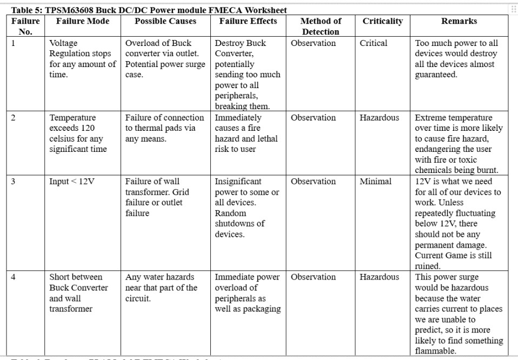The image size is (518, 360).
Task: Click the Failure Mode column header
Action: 83,21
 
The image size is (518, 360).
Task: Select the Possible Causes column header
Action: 165,21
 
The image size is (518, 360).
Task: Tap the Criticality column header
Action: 382,21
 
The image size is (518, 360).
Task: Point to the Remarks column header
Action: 459,21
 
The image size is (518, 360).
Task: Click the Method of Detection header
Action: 321,26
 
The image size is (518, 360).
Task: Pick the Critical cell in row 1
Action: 373,43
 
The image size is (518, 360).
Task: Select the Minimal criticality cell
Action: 375,182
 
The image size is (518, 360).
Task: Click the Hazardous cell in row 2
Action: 379,118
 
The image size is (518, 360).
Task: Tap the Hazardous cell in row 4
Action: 379,277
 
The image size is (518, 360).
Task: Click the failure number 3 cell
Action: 13,182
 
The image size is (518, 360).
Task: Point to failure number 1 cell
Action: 13,43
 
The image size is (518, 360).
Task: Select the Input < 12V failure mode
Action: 71,182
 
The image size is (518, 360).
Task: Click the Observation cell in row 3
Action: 313,182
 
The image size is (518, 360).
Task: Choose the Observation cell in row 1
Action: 313,43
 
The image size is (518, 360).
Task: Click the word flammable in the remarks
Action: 435,351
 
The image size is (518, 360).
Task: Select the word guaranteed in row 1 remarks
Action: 435,75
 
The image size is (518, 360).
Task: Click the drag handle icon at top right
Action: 513,9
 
